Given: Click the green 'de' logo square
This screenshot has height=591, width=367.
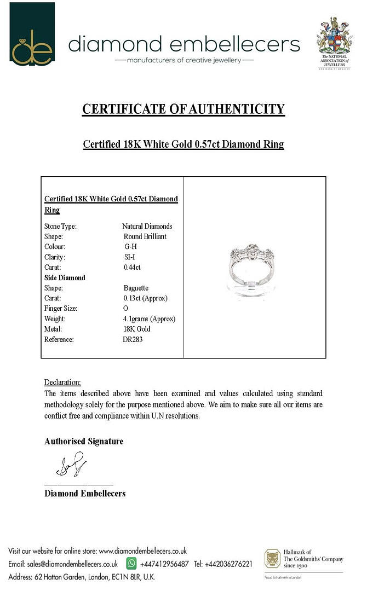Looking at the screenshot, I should pyautogui.click(x=32, y=34).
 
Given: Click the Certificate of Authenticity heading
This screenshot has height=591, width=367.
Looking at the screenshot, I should pyautogui.click(x=184, y=109).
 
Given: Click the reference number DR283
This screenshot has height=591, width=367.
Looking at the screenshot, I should pyautogui.click(x=134, y=339).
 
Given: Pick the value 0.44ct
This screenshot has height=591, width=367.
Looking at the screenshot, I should pyautogui.click(x=133, y=268).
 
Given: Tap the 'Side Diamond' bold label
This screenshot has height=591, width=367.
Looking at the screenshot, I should pyautogui.click(x=65, y=278).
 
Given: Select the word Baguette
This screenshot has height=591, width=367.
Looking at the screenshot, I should pyautogui.click(x=136, y=288).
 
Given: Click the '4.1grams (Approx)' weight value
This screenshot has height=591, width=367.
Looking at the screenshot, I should pyautogui.click(x=149, y=318).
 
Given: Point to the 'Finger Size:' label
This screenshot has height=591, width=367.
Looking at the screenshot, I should pyautogui.click(x=61, y=309).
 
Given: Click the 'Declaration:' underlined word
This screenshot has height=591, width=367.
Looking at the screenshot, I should pyautogui.click(x=62, y=382).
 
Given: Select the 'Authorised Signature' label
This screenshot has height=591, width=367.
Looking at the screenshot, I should pyautogui.click(x=84, y=441).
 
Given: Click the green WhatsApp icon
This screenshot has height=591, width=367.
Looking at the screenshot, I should pyautogui.click(x=131, y=563).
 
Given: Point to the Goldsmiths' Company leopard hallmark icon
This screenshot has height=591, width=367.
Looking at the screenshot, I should pyautogui.click(x=273, y=559).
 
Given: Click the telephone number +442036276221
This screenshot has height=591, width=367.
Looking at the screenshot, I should pyautogui.click(x=229, y=564).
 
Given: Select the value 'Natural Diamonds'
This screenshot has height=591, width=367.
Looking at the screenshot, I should pyautogui.click(x=147, y=226).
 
